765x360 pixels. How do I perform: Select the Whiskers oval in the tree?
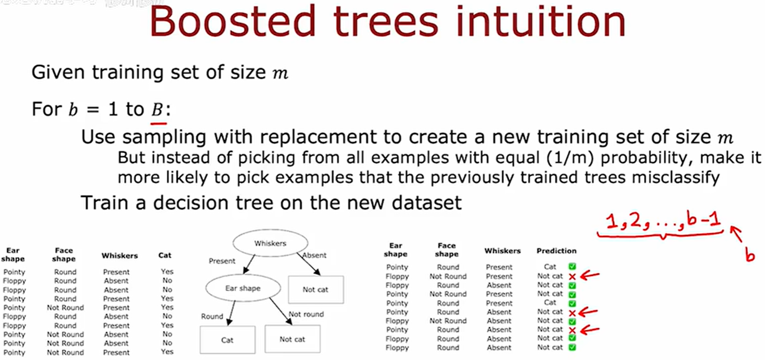pyautogui.click(x=270, y=243)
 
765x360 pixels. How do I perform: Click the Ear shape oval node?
pyautogui.click(x=243, y=288)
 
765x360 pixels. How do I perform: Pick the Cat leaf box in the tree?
pyautogui.click(x=227, y=340)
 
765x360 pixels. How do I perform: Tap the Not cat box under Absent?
pyautogui.click(x=315, y=290)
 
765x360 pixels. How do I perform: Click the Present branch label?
pyautogui.click(x=222, y=261)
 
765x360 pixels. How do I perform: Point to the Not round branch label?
pyautogui.click(x=306, y=314)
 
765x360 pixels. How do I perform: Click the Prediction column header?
pyautogui.click(x=556, y=251)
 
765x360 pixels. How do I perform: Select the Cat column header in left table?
pyautogui.click(x=165, y=255)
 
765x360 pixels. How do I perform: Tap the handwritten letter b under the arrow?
pyautogui.click(x=749, y=255)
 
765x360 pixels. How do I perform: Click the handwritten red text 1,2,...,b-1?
pyautogui.click(x=662, y=221)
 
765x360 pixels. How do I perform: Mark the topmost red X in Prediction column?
pyautogui.click(x=572, y=276)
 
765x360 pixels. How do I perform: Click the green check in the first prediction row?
pyautogui.click(x=572, y=266)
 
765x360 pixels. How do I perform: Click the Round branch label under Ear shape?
pyautogui.click(x=212, y=316)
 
